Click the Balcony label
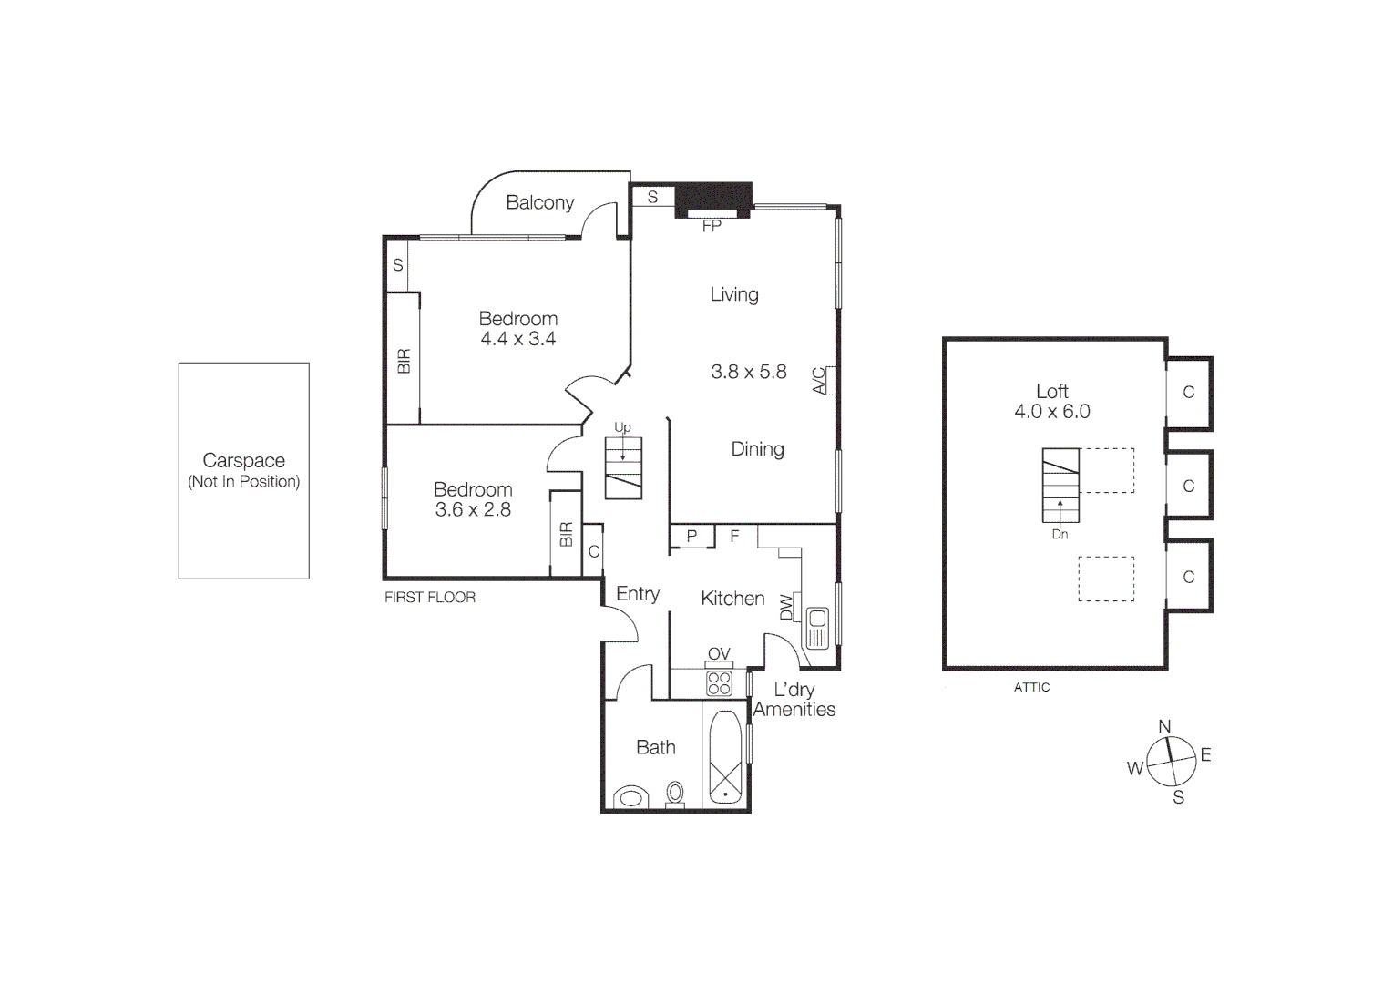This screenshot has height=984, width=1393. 539,202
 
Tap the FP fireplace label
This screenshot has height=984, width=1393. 712,226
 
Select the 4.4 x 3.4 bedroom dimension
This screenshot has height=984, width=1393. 517,339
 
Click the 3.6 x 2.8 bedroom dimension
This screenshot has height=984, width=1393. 473,510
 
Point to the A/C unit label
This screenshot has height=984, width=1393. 819,380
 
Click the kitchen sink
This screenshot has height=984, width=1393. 817,627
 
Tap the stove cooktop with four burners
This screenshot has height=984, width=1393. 719,683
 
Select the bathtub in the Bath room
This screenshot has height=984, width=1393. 725,758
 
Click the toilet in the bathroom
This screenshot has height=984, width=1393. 675,794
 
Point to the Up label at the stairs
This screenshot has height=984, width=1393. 622,427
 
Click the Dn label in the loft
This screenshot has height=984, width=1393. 1060,535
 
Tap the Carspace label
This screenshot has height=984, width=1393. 243,461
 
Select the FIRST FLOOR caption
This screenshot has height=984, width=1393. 430,598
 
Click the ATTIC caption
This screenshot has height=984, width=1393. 1031,688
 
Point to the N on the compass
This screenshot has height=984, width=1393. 1164,726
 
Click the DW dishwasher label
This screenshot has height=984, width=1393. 786,607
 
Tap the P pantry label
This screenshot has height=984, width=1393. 691,537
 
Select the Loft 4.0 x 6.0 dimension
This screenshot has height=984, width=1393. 1052,412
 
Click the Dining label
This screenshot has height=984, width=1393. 757,449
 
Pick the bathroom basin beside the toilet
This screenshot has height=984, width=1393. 630,798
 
